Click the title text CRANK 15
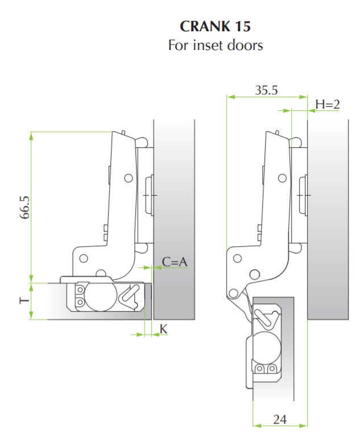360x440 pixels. (216, 26)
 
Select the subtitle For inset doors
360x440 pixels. (216, 45)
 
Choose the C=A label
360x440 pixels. (175, 262)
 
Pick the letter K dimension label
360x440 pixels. (163, 329)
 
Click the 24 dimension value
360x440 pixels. (279, 420)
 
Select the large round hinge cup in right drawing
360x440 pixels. (263, 346)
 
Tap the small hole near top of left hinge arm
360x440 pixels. (129, 178)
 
